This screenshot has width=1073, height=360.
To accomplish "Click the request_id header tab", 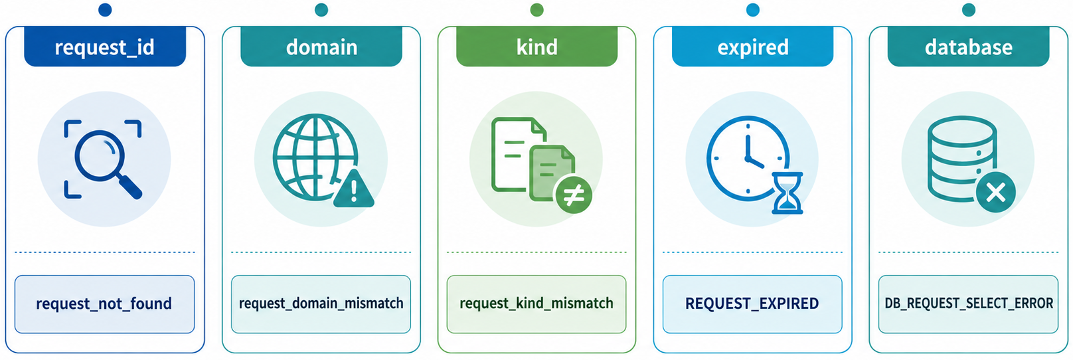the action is (105, 46).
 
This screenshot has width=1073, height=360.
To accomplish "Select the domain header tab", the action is (321, 46).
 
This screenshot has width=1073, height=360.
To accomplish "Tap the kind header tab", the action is (537, 46).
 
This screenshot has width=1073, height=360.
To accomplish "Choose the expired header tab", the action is (752, 46).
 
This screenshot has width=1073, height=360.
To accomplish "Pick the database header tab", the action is (969, 46).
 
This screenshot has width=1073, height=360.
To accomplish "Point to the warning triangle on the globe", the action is (353, 189).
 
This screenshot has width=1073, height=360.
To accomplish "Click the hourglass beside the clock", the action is (787, 193).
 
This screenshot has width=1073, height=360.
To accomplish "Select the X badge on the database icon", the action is (997, 192).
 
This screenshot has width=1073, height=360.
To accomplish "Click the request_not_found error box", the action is (104, 304).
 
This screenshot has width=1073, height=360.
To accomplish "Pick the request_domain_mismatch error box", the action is (321, 304).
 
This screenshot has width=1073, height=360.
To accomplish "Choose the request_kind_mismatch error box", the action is (536, 304).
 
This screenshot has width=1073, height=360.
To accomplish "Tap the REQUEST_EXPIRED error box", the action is (752, 304).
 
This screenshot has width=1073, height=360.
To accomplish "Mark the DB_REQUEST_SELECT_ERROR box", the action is (968, 304).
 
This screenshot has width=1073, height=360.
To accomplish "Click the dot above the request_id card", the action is (105, 9).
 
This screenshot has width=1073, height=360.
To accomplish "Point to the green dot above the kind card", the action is (537, 9).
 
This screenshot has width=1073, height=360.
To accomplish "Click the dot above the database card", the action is (969, 9).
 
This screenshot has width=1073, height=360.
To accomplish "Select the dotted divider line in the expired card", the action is (752, 252).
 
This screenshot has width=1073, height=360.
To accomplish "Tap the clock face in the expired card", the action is (747, 158).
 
